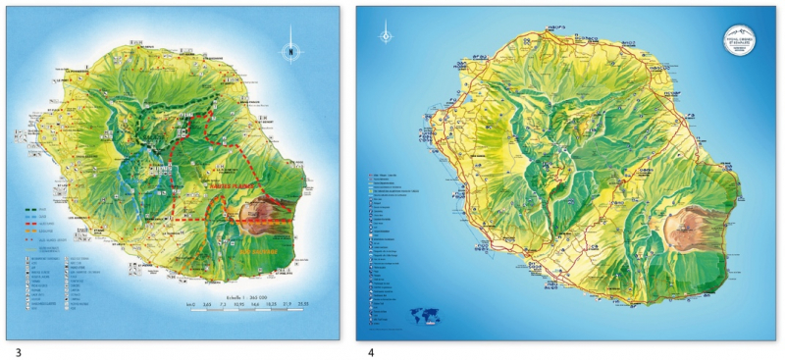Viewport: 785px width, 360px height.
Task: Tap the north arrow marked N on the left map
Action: (290, 50)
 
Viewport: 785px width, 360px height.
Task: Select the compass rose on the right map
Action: (386, 36)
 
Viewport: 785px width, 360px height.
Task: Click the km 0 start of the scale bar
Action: (190, 306)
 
